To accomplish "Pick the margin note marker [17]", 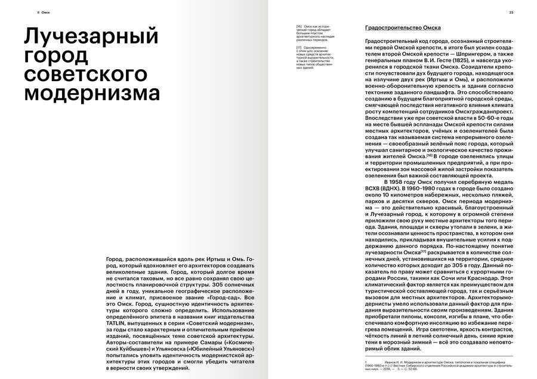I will pos(299,47).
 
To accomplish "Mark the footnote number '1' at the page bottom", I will pos(365,361).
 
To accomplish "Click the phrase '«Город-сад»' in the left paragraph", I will pos(150,297).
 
